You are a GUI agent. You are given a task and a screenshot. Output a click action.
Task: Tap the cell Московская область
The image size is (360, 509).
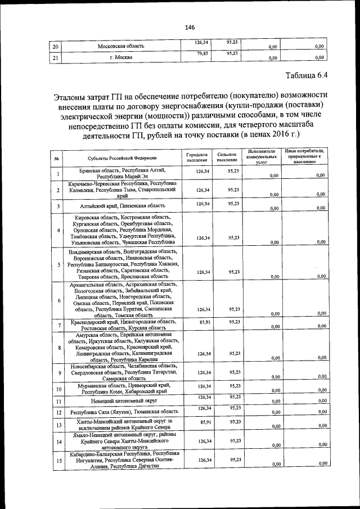(x=121, y=46)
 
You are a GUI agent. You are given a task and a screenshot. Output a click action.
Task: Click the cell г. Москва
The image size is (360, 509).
(x=121, y=57)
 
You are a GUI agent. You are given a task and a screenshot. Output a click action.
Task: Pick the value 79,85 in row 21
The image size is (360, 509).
(x=202, y=54)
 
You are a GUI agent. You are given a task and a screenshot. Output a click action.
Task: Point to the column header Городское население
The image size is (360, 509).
(x=197, y=158)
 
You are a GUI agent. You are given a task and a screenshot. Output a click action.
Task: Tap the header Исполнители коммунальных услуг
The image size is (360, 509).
(x=260, y=156)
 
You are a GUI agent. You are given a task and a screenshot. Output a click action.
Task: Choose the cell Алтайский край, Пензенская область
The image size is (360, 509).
(x=121, y=206)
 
